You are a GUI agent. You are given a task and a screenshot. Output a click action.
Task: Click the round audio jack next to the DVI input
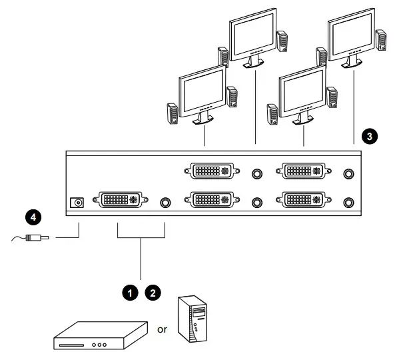[x=167, y=199]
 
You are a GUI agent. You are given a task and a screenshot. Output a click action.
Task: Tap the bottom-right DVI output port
[x=304, y=199]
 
